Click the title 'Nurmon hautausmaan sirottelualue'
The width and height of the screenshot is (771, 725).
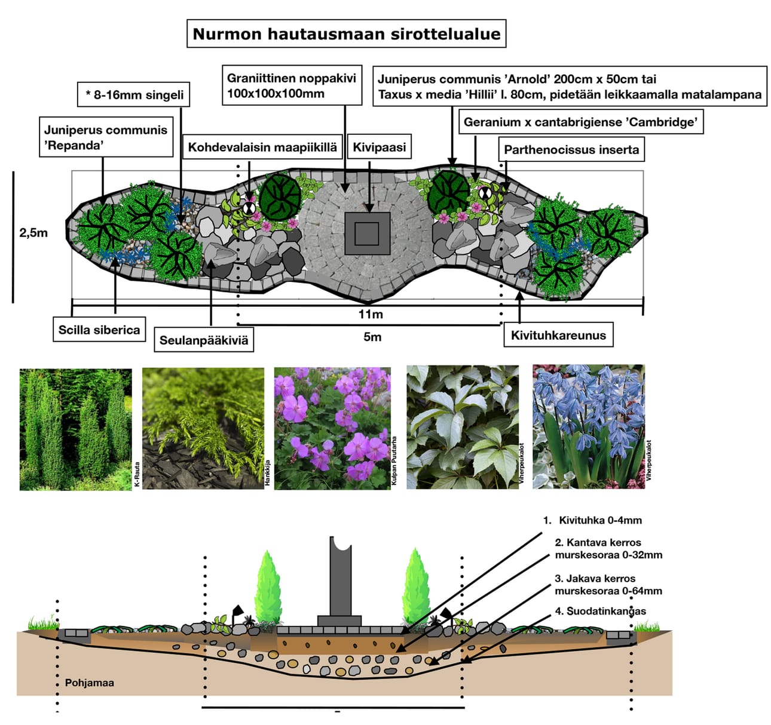(x=346, y=34)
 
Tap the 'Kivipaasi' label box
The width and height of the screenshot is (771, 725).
(x=379, y=147)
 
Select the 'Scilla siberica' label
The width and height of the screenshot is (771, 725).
(x=99, y=330)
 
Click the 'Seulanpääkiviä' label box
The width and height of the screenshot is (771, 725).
(x=203, y=340)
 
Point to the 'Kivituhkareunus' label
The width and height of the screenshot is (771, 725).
(x=558, y=335)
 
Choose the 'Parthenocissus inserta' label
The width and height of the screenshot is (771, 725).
(x=571, y=149)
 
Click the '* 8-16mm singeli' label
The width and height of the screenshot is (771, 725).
(x=134, y=95)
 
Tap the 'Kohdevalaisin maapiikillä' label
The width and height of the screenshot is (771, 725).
(x=262, y=147)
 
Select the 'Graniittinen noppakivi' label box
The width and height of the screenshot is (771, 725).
(x=292, y=85)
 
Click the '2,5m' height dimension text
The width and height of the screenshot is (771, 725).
(x=33, y=233)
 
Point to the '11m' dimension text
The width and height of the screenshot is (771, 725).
(x=371, y=314)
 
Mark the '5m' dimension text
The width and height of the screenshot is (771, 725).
(x=372, y=337)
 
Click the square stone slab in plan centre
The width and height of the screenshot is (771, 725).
(x=367, y=234)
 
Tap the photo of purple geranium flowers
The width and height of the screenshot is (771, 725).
(x=332, y=428)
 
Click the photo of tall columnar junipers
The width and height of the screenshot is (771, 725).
(x=75, y=429)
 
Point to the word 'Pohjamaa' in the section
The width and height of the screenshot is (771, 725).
(x=90, y=683)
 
